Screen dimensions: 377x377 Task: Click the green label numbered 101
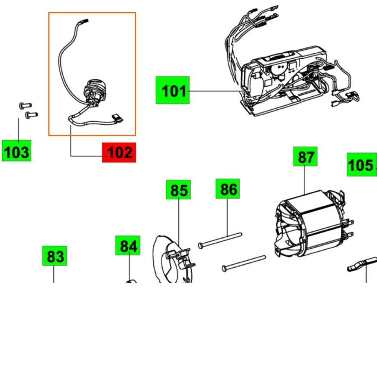click(x=173, y=90)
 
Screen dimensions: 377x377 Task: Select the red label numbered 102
click(x=120, y=152)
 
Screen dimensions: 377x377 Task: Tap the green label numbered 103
click(x=16, y=151)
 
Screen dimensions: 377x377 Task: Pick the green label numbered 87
click(x=305, y=158)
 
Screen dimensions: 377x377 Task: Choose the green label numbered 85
click(x=179, y=190)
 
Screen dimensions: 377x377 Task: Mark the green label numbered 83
click(x=55, y=257)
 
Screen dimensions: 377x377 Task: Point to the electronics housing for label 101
click(x=285, y=81)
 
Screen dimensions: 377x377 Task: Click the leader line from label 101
click(x=215, y=91)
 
